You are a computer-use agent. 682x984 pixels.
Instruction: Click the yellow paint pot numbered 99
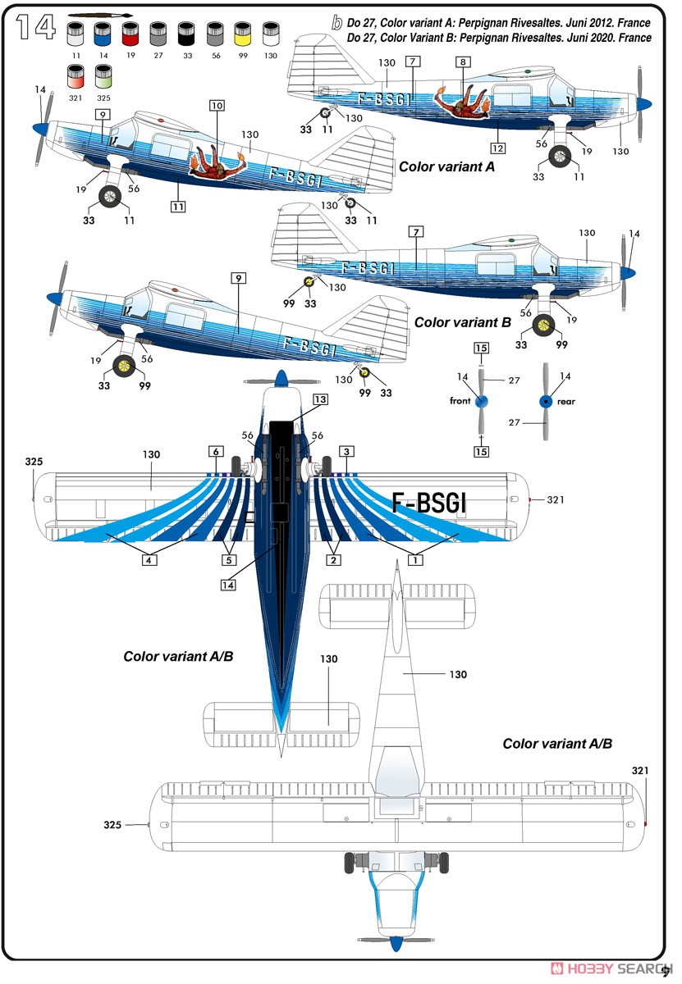(x=243, y=34)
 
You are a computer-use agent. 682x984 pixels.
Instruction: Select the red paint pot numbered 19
(x=130, y=34)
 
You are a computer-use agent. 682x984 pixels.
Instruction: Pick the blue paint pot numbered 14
(x=103, y=34)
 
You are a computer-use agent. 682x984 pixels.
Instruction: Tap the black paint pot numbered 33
(x=186, y=34)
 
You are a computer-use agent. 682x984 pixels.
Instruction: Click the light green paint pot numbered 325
(x=103, y=76)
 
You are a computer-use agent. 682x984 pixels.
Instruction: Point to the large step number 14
(x=36, y=26)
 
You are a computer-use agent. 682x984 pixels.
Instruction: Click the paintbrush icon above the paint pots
(x=100, y=16)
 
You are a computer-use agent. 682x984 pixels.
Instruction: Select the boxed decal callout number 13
(x=320, y=399)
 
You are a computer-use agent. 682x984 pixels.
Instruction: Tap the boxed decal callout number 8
(x=463, y=62)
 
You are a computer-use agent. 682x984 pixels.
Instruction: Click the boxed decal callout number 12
(x=498, y=148)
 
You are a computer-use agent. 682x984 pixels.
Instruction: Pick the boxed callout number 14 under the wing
(x=228, y=585)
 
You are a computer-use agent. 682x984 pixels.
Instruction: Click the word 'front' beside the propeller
(x=460, y=401)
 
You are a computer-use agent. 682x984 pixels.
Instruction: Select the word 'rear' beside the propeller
(x=566, y=402)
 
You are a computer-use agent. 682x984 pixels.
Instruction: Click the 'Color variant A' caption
(x=446, y=167)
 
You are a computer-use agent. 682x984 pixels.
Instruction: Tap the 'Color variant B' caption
(x=463, y=322)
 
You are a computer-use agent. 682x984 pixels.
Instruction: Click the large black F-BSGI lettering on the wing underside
(x=428, y=503)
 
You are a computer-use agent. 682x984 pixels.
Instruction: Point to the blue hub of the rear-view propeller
(x=546, y=401)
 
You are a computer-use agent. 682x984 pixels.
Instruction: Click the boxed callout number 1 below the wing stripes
(x=415, y=560)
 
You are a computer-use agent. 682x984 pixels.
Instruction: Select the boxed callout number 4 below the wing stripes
(x=149, y=560)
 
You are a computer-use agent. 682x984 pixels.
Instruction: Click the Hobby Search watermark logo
(x=611, y=968)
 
